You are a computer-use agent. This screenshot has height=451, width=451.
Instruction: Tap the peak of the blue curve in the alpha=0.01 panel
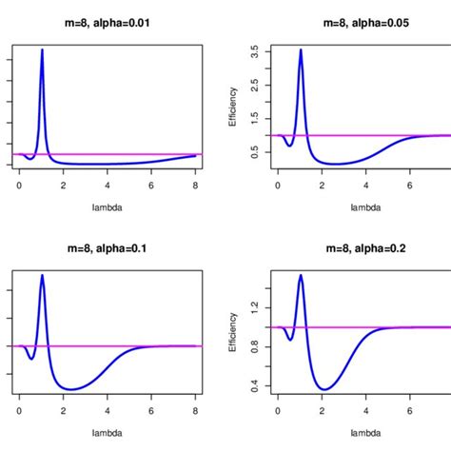(42, 49)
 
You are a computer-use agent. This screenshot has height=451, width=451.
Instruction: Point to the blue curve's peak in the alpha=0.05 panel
(301, 49)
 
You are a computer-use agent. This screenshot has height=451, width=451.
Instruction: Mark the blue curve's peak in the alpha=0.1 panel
(42, 275)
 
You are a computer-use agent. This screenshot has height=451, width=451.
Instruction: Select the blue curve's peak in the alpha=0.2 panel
(301, 275)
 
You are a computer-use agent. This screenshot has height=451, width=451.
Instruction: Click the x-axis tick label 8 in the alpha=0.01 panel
(196, 185)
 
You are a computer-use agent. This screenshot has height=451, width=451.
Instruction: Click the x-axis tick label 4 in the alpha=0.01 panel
(108, 185)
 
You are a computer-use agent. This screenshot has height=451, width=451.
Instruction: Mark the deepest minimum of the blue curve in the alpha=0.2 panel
(325, 388)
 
